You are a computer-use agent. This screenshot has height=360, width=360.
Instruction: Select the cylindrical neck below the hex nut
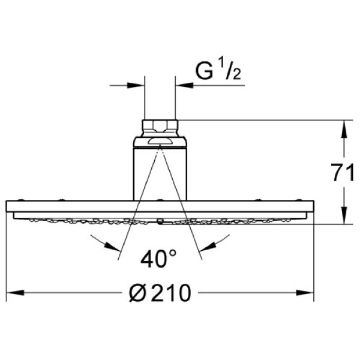point(160,171)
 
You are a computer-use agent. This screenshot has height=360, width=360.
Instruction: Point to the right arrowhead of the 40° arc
point(206,245)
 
